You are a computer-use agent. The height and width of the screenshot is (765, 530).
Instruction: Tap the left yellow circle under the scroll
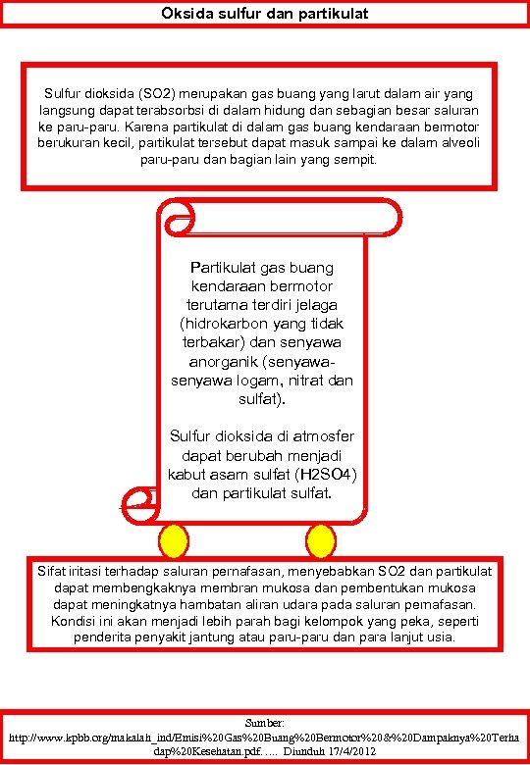pos(173,538)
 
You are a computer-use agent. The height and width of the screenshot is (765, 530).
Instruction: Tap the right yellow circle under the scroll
pos(320,538)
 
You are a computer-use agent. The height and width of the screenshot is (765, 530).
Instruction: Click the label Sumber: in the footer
pos(265,721)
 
